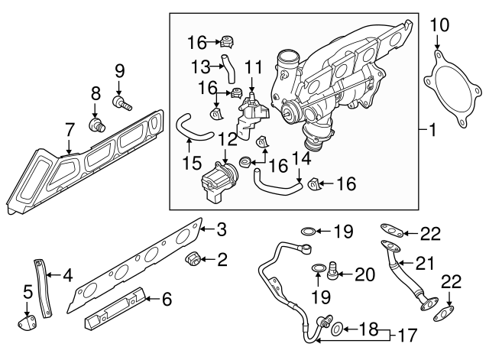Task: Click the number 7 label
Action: coord(69,128)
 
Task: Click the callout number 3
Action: coord(222,229)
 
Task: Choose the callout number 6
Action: coord(167,298)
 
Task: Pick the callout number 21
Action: coord(425,264)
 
